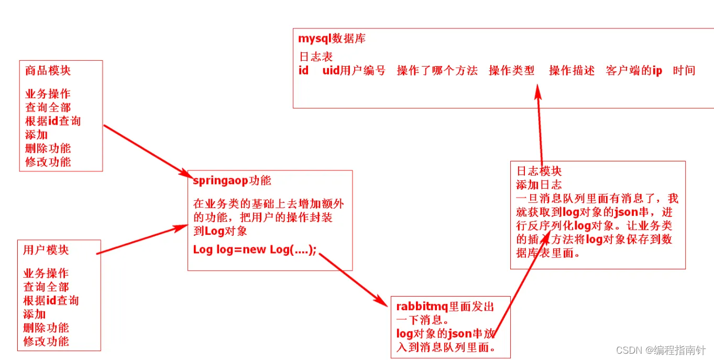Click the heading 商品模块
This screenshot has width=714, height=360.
coord(48,70)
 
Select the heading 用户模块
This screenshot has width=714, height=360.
coord(46,250)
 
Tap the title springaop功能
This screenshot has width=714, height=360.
coord(232,180)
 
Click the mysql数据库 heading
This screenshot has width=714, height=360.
coord(332,38)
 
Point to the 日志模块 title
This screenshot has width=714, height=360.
coord(539,171)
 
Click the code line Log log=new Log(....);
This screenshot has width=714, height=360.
coord(255,249)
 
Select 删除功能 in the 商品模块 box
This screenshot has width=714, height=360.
coord(48,148)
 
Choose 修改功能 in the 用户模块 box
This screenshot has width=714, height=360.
coord(46,342)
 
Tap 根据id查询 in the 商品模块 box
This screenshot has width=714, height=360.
coord(53,121)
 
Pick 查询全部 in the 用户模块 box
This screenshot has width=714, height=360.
coord(46,287)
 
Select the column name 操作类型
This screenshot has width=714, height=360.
coord(511,71)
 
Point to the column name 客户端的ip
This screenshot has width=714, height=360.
coord(634,71)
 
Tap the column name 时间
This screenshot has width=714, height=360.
coord(684,71)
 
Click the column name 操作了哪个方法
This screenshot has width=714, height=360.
coord(437,71)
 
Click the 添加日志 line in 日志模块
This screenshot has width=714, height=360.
coord(539,185)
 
